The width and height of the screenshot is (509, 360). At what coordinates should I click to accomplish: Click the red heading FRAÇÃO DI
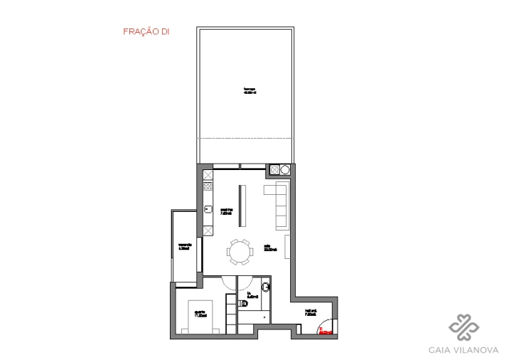tap(146, 31)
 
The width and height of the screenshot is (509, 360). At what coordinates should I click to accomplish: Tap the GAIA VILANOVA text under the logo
tap(463, 349)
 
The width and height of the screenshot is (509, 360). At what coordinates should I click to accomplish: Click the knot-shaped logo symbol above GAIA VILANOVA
tap(463, 327)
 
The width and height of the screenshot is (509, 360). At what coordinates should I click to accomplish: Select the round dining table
tap(240, 251)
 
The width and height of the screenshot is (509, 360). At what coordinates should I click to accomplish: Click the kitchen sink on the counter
tap(208, 209)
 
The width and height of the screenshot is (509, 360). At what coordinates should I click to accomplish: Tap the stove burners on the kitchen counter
tap(208, 186)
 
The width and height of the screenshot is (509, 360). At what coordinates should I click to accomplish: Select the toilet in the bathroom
tap(266, 287)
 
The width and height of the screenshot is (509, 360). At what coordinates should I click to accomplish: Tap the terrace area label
tap(249, 90)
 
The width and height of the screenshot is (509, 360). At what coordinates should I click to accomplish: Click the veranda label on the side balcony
tap(183, 248)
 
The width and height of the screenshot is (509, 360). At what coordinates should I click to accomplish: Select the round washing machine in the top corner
tap(285, 169)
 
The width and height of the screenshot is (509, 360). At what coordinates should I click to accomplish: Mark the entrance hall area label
tap(311, 313)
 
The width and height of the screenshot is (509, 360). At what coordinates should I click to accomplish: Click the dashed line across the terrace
tap(245, 137)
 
